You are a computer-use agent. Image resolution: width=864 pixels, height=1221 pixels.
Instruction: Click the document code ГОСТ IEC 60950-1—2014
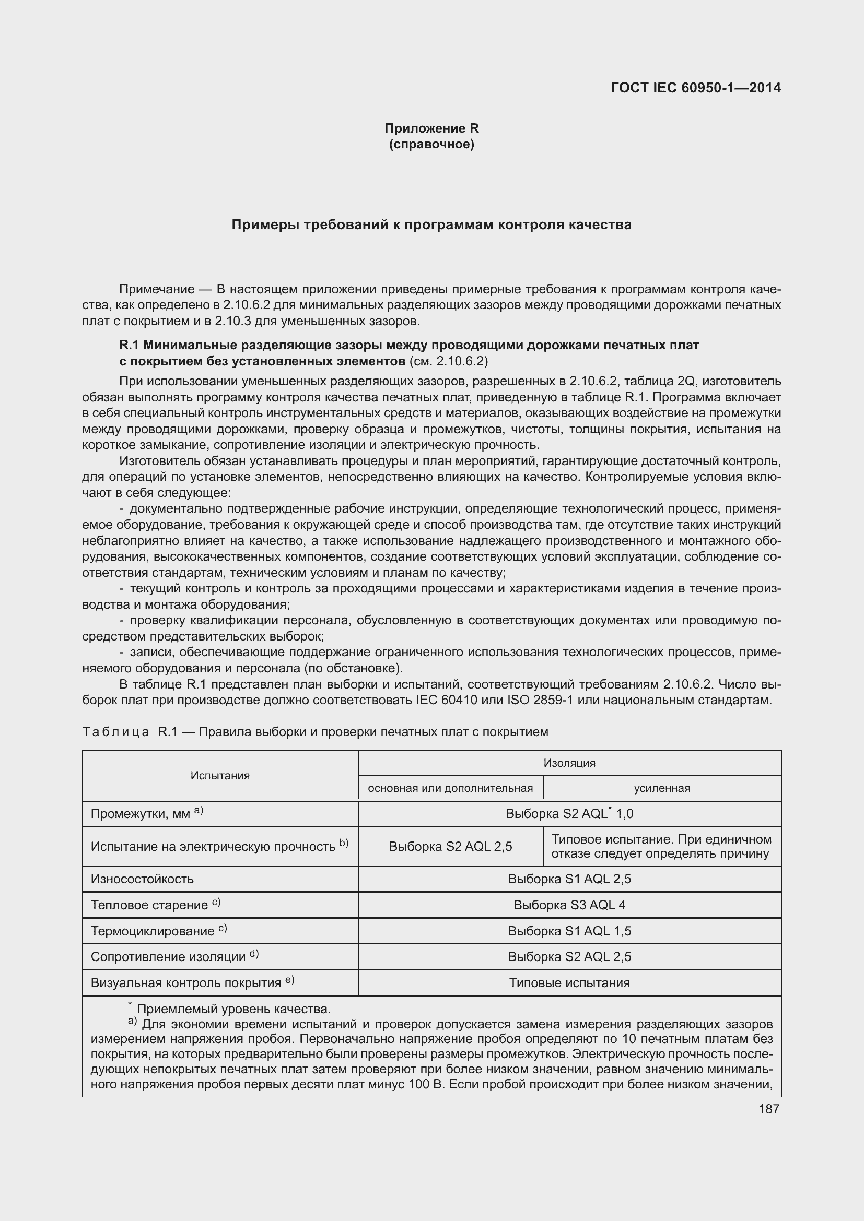coord(695,88)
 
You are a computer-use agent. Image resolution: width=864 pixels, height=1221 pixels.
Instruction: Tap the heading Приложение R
coord(431,128)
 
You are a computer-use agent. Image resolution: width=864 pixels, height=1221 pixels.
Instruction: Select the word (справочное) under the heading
coord(431,144)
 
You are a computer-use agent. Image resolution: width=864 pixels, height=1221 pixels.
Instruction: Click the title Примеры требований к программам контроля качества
coord(431,225)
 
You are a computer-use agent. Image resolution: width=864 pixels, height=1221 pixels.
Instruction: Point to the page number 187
coord(768,1109)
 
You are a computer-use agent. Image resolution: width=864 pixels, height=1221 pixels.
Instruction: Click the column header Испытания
coord(220,775)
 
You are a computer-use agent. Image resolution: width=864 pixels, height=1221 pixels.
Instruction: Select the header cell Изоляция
coord(569,763)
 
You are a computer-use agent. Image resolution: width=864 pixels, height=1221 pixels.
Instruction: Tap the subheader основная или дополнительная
coord(450,788)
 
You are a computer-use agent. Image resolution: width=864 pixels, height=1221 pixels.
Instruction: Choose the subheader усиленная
coord(662,788)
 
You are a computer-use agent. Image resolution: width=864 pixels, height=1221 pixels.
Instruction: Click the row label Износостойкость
coord(142,879)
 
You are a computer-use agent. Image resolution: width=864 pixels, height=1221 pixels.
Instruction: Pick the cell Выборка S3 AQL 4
coord(569,905)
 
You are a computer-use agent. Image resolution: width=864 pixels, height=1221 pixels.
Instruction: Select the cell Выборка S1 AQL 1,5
coord(569,931)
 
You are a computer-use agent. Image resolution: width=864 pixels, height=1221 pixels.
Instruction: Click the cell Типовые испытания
coord(569,983)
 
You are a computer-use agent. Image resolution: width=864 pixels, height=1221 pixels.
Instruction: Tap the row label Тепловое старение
coord(149,905)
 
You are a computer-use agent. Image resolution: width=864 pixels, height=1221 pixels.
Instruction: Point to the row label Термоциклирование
coord(153,931)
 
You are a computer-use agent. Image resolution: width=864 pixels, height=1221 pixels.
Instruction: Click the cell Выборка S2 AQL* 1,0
coord(569,814)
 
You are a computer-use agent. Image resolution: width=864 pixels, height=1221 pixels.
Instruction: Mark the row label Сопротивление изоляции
coord(168,957)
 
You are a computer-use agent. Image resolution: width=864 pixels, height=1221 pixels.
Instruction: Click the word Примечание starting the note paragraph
coord(156,289)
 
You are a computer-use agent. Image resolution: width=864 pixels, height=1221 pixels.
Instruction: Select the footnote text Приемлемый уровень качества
coord(233,1009)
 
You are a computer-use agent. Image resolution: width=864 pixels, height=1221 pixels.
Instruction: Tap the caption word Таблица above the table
coord(115,732)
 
